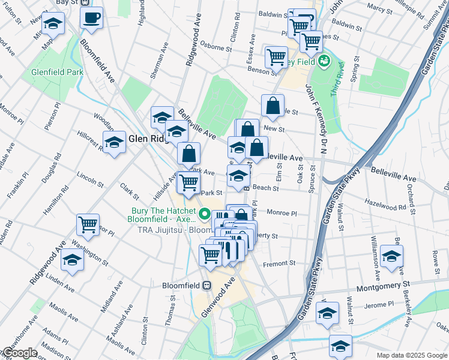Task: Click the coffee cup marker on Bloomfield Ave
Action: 91,19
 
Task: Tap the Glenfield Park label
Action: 57,72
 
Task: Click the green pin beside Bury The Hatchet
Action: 205,214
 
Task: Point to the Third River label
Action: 337,77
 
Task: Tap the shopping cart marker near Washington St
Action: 88,225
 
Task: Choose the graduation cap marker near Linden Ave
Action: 72,260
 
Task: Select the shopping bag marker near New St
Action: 273,106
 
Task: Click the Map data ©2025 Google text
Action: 412,355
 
